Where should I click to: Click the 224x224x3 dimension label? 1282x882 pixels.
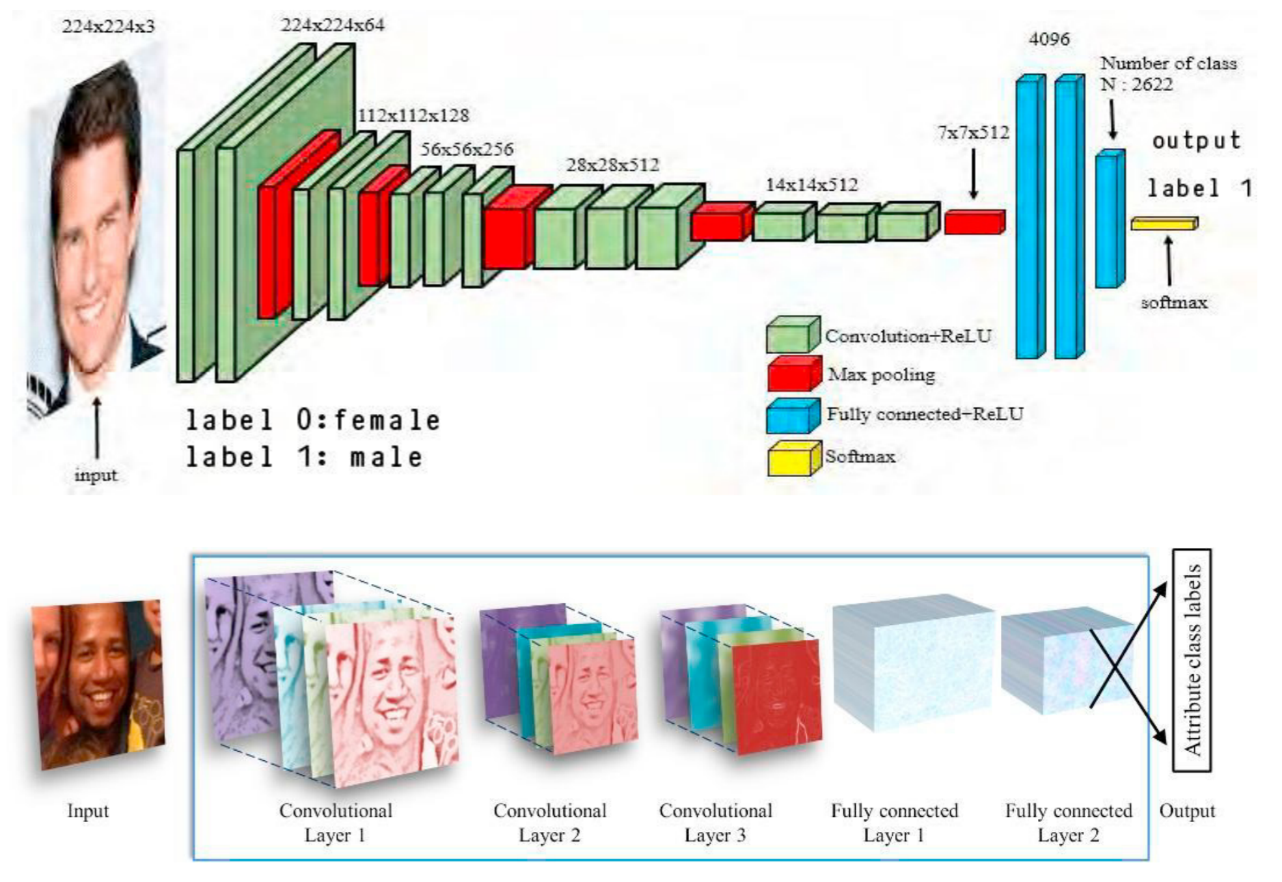click(108, 27)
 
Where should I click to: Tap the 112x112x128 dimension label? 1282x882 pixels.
click(413, 116)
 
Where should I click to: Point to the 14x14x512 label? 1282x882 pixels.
click(811, 185)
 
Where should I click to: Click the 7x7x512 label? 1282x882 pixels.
click(973, 133)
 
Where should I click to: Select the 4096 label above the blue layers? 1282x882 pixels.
click(1048, 40)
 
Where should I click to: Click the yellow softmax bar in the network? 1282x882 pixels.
click(1164, 224)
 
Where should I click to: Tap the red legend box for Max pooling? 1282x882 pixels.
click(793, 374)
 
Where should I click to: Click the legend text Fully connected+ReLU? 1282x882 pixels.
click(924, 414)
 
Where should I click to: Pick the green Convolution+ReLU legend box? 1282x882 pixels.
click(792, 336)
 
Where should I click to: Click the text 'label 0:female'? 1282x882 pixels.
click(313, 420)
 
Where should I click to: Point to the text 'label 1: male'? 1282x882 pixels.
click(305, 457)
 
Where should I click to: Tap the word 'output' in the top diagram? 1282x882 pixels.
click(1196, 141)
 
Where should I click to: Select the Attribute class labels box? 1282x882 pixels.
click(1191, 660)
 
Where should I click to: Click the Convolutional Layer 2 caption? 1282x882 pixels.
click(549, 823)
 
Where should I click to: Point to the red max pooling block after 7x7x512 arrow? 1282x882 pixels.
click(974, 223)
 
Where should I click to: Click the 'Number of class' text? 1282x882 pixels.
click(1168, 64)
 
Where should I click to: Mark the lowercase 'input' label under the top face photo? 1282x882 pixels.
click(96, 475)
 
